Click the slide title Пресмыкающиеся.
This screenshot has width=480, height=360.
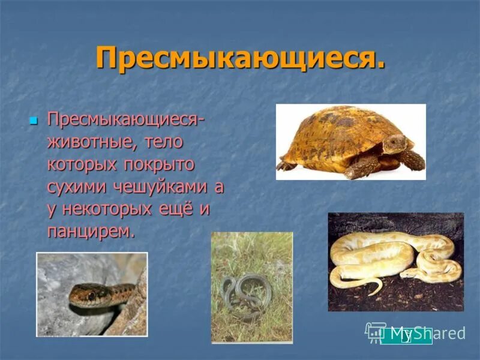(x=240, y=59)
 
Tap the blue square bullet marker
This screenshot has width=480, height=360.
(x=34, y=121)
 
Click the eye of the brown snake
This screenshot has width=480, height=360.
(x=92, y=295)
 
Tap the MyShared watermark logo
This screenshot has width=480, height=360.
(x=415, y=334)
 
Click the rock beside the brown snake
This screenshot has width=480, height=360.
(x=60, y=270)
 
